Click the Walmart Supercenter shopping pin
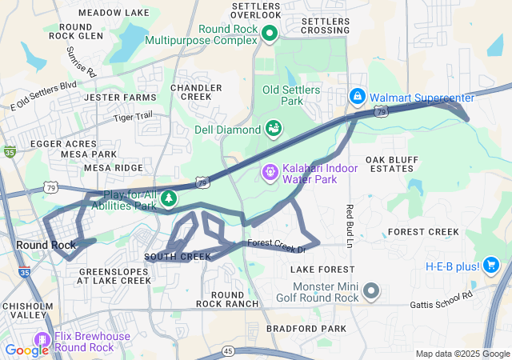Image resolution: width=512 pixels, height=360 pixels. click(357, 98)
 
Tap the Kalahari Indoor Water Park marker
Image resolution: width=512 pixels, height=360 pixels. click(270, 171)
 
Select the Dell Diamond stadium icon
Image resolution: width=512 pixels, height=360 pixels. click(273, 128)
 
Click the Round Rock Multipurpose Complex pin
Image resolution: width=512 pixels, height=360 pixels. click(270, 33)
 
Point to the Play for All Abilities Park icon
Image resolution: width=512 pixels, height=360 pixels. click(168, 198)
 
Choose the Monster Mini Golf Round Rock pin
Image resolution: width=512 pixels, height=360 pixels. click(370, 290)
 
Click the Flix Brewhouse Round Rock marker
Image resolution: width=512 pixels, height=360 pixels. click(39, 341)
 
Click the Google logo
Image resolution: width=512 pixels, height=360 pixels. click(26, 350)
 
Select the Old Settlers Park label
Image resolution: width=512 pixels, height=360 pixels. click(292, 95)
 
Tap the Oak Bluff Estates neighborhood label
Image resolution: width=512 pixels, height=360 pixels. click(392, 165)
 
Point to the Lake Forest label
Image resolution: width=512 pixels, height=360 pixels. click(322, 270)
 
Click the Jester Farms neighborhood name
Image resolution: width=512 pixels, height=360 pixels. click(120, 98)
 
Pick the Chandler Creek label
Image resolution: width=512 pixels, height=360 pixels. click(196, 92)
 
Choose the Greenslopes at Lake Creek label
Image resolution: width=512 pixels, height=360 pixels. click(115, 276)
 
